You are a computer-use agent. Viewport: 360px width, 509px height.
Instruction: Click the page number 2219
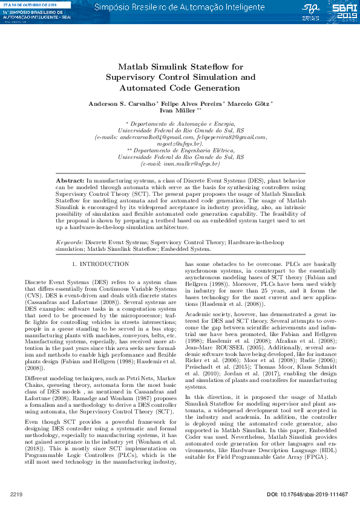coord(16,495)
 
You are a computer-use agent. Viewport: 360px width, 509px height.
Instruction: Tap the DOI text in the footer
coord(307,495)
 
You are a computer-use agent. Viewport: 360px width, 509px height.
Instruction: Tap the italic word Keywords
coord(65,242)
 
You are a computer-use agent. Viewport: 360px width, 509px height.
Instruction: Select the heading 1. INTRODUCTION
coord(100,264)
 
